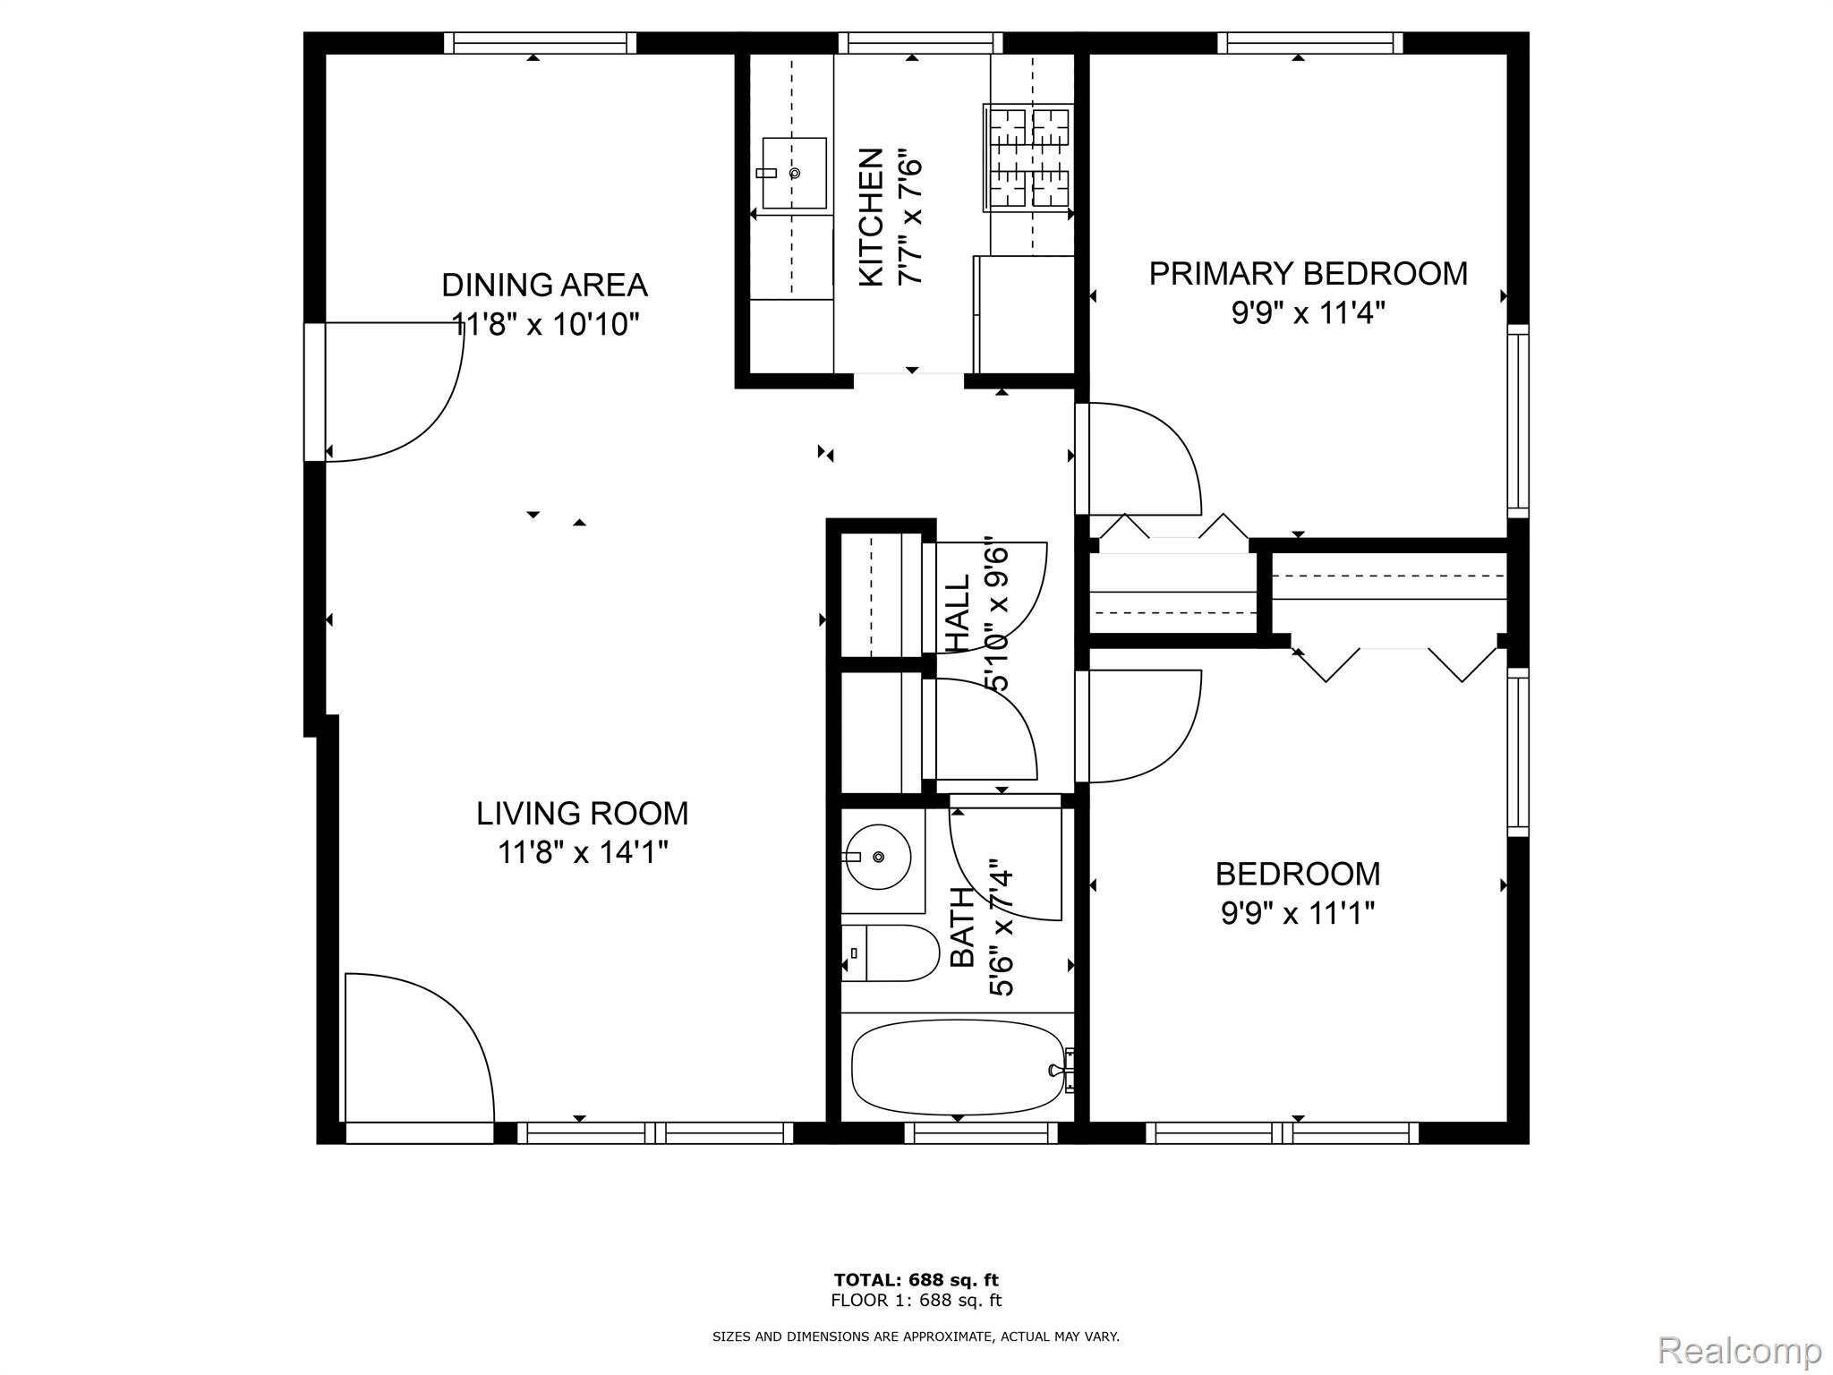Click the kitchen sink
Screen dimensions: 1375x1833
coord(794,174)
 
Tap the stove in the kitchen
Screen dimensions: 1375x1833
coord(1027,158)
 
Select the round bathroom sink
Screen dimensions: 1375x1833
coord(878,857)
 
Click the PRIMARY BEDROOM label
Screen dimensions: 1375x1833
coord(1308,274)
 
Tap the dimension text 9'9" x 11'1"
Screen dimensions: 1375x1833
coord(1297,914)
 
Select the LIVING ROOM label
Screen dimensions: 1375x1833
coord(582,814)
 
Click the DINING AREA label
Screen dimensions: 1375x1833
coord(544,286)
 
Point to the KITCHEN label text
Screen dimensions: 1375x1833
coord(871,218)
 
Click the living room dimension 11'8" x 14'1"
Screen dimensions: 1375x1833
coord(583,852)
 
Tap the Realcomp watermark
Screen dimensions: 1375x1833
coord(1739,1349)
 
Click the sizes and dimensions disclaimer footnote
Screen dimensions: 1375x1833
coord(916,1337)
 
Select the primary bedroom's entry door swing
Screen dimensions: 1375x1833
coord(1141,459)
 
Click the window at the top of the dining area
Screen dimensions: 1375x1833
coord(540,43)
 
